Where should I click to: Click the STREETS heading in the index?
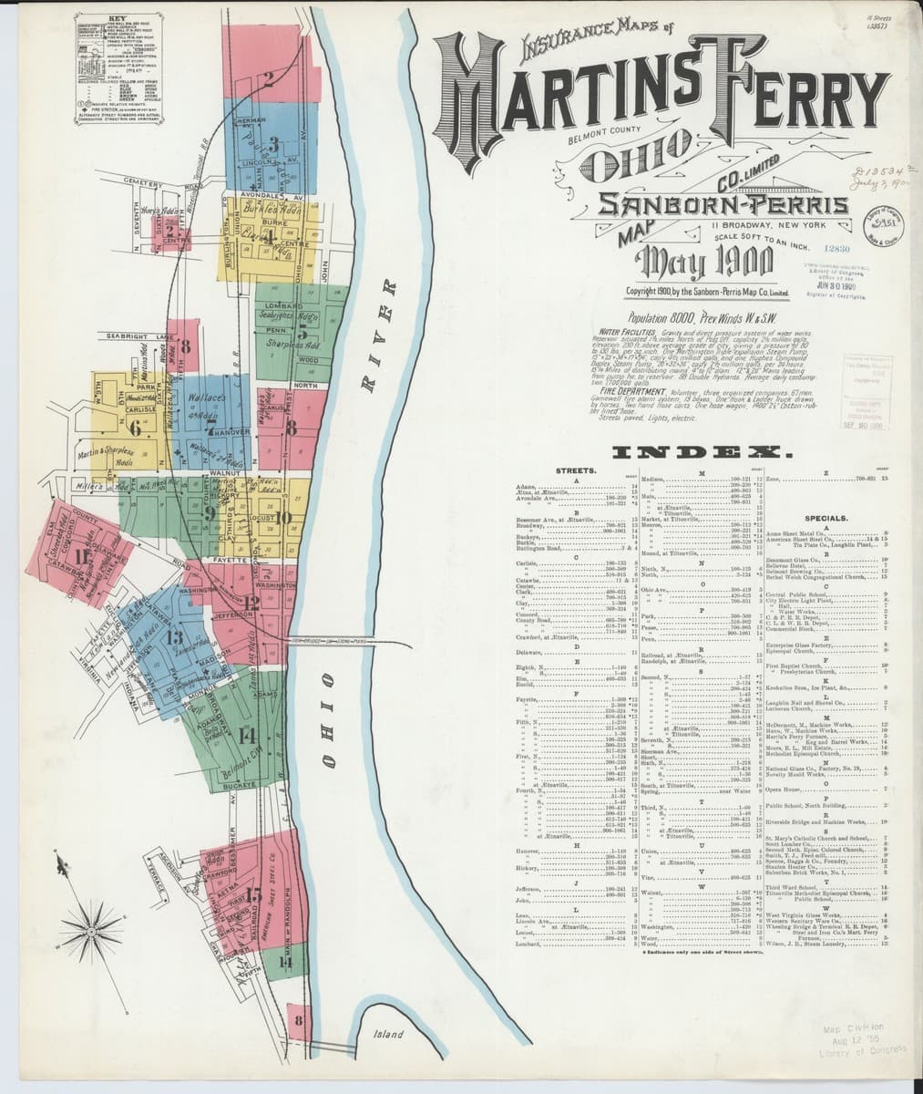(x=575, y=470)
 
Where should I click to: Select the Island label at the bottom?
(x=387, y=1035)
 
